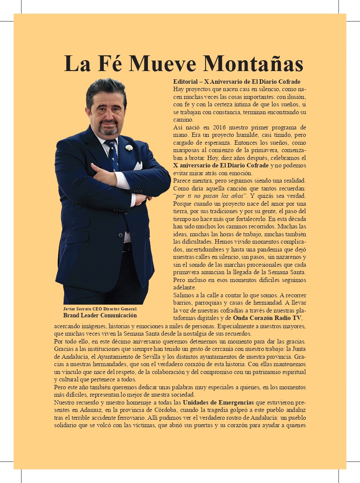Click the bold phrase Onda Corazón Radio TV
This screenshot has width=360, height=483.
[267, 318]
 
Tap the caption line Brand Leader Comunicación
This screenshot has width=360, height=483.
[100, 315]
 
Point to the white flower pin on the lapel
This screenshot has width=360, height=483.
[129, 147]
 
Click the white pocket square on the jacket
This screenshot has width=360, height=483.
[137, 166]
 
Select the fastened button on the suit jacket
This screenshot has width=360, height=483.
[121, 235]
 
